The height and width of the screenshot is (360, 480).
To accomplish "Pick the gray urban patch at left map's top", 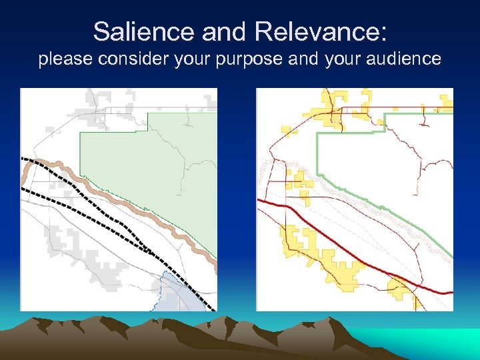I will (x=100, y=107).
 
